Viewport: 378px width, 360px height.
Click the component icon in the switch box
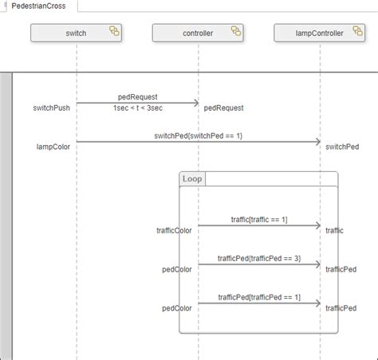pos(114,33)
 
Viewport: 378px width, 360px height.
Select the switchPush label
pos(52,108)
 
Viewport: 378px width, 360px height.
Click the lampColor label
pos(53,147)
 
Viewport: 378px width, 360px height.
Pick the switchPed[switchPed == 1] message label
pos(198,136)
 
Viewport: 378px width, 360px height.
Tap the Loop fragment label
pos(192,178)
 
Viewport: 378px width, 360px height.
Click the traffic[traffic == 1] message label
pos(258,219)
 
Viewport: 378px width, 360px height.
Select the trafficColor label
pos(174,230)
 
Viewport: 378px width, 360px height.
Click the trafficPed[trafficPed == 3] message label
pos(258,258)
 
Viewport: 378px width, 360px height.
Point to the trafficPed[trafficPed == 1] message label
pos(258,297)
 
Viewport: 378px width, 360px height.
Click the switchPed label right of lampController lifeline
pos(342,147)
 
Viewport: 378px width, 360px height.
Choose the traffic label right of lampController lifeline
pos(335,230)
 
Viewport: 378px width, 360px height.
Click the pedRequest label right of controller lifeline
pos(223,108)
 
